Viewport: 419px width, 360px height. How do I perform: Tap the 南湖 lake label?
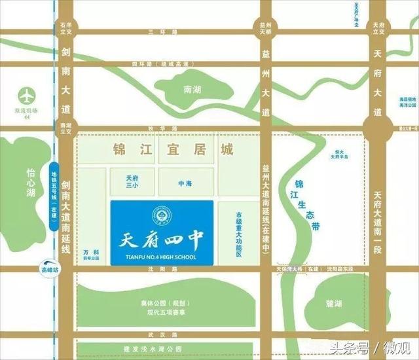(x=192, y=90)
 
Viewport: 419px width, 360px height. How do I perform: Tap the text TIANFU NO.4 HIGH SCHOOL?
(x=162, y=256)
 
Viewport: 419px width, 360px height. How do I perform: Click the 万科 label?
(x=91, y=251)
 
